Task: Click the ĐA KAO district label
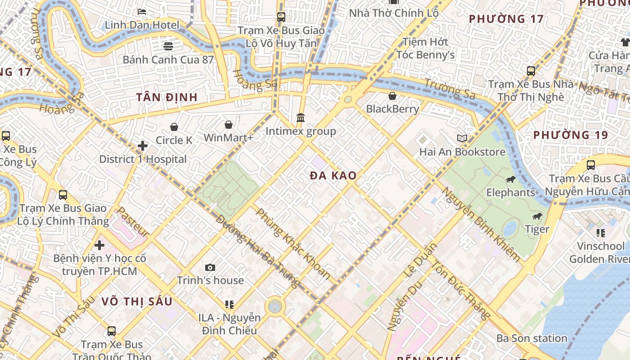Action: point(333,176)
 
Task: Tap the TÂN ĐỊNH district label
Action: point(167,97)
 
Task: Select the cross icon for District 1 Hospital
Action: point(143,146)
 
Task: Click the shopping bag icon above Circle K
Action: point(174,127)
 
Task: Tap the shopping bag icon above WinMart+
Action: point(229,125)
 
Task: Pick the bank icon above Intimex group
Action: point(301,118)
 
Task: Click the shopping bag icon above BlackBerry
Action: point(392,96)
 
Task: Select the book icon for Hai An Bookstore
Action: point(462,139)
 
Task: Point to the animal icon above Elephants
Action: point(510,180)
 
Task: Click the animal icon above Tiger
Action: point(537,216)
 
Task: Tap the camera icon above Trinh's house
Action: point(210,268)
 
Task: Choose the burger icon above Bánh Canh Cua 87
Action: point(168,46)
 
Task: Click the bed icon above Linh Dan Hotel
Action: point(142,12)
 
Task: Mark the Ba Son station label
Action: point(531,338)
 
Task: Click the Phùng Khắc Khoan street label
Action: point(293,244)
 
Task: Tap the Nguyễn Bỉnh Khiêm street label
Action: point(481,225)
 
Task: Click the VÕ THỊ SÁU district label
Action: point(137,301)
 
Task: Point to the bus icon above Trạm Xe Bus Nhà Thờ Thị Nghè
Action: point(531,71)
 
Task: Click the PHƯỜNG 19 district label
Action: point(570,135)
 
